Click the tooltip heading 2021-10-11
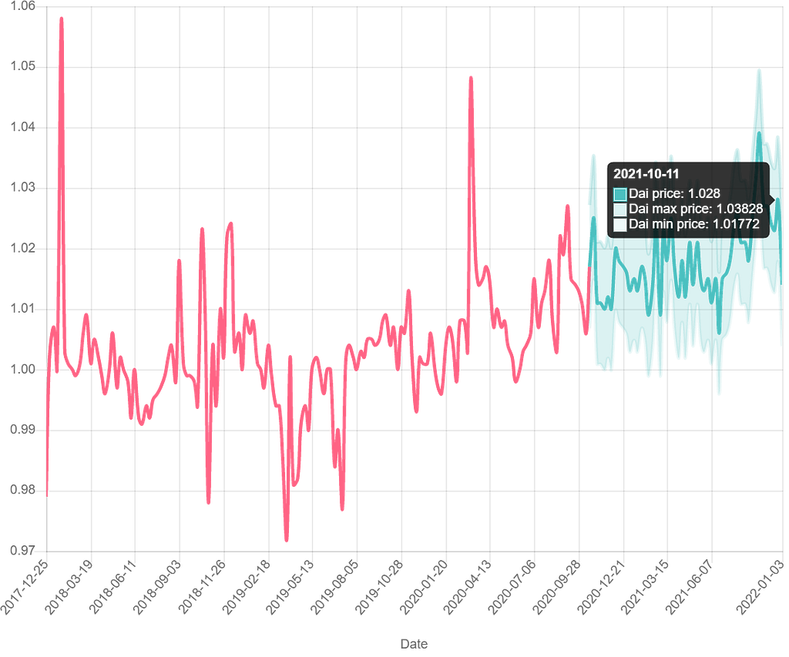coord(646,175)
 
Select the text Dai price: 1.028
coord(674,193)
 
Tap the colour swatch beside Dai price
coord(620,193)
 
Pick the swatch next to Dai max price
coord(620,209)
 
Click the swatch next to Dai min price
coord(620,225)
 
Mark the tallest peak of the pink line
coord(61,17)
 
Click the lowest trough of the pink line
coord(286,541)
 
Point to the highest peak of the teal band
coord(759,71)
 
